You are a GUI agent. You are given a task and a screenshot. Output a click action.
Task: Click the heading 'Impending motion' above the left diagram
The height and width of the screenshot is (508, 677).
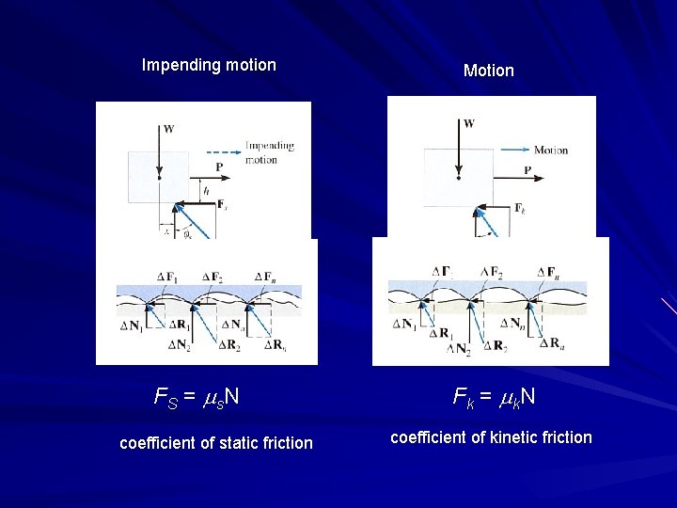[x=209, y=65]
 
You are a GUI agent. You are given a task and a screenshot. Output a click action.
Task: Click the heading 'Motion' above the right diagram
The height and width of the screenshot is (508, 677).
[x=489, y=71]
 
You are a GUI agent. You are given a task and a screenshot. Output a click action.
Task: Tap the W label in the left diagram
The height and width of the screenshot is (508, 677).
[x=168, y=129]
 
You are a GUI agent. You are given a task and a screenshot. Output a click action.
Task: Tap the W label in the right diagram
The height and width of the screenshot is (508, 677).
[x=469, y=124]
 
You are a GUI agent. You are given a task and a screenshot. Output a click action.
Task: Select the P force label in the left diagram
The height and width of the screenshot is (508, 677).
[x=219, y=167]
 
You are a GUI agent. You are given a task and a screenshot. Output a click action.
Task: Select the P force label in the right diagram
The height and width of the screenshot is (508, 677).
[x=527, y=170]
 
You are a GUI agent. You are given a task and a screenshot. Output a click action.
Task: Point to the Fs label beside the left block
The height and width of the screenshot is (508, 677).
[x=221, y=203]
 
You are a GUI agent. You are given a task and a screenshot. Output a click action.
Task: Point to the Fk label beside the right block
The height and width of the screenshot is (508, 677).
[x=519, y=208]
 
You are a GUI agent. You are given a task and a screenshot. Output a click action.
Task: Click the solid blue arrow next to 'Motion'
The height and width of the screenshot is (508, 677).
[x=515, y=150]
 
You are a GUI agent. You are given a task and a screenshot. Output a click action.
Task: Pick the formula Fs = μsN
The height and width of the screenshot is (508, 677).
[x=197, y=396]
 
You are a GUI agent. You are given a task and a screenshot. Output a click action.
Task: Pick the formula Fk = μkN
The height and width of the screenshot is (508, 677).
[x=495, y=397]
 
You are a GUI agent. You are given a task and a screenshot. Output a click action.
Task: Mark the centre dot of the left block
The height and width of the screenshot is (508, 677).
[x=160, y=177]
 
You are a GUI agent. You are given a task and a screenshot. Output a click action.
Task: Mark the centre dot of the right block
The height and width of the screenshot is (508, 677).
[x=458, y=176]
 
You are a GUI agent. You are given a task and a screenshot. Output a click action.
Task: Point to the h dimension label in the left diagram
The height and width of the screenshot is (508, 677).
[x=193, y=190]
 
